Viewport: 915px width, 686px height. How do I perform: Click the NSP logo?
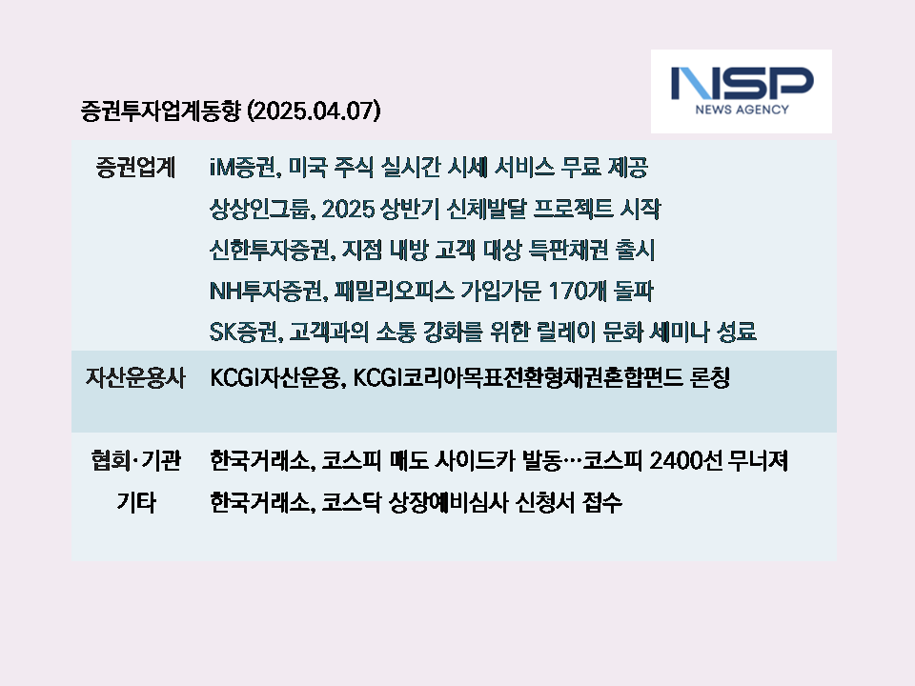point(742,91)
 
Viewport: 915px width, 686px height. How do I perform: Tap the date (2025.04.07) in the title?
point(314,111)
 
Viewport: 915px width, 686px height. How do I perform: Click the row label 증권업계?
point(135,168)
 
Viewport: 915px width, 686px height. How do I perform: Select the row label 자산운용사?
point(135,378)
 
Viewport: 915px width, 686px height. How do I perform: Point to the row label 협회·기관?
point(136,461)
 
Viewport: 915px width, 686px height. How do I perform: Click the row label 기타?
point(136,502)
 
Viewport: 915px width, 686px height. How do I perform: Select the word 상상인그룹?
point(262,209)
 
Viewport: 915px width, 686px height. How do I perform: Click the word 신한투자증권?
point(272,251)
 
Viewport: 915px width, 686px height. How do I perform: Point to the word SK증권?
point(246,332)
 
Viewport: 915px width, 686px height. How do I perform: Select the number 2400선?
point(685,461)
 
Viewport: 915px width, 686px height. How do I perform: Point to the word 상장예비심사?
point(449,502)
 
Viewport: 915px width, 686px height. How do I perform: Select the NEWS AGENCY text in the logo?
point(742,110)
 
